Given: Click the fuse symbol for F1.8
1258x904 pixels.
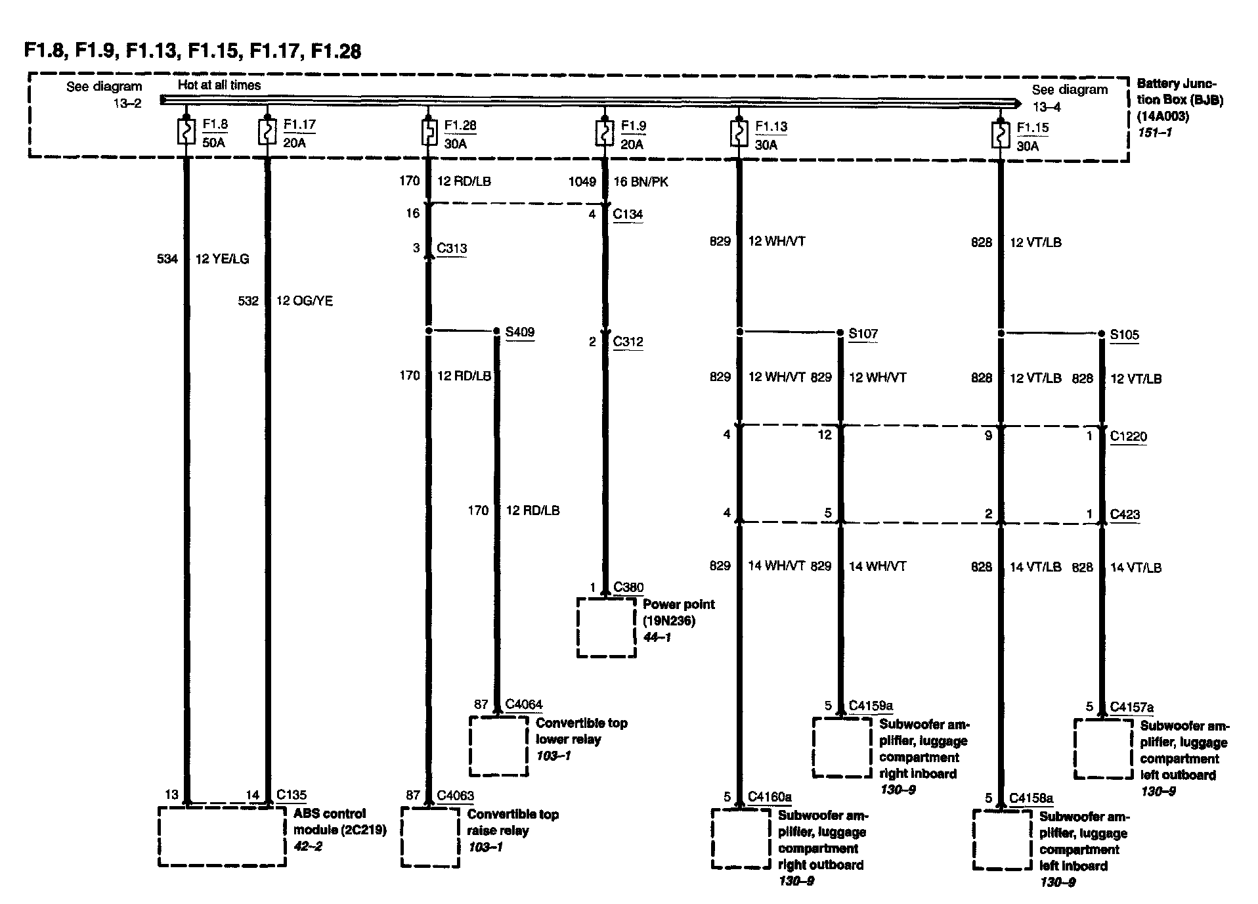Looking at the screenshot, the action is click(186, 132).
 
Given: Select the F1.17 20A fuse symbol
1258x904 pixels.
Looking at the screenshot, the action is click(267, 132).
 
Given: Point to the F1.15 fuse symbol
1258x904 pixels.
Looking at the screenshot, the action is click(1000, 135).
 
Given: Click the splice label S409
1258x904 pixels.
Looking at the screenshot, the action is click(519, 332).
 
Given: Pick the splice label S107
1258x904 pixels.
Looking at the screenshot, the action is click(863, 334).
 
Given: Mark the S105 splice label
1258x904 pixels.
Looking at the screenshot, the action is click(1124, 335).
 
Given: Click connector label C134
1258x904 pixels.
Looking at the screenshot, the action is click(628, 214).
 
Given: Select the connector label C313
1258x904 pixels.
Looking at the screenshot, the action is click(452, 248).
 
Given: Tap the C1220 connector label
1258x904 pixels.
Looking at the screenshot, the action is click(1128, 436).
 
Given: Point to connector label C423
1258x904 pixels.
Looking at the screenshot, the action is click(1125, 514).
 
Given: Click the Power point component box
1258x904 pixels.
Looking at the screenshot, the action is click(606, 627).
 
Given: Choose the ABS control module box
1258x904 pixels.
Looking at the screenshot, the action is click(222, 836).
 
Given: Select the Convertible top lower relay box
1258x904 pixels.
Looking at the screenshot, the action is click(498, 746).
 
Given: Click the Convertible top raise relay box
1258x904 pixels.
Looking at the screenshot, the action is click(430, 837).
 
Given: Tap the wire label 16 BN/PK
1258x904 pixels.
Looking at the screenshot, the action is click(641, 182).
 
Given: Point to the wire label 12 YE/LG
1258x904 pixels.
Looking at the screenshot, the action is click(222, 259).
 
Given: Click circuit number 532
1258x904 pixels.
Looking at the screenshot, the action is click(248, 301).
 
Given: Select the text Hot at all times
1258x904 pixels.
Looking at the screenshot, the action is click(219, 85).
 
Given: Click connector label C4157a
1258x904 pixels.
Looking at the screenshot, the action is click(1131, 708).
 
